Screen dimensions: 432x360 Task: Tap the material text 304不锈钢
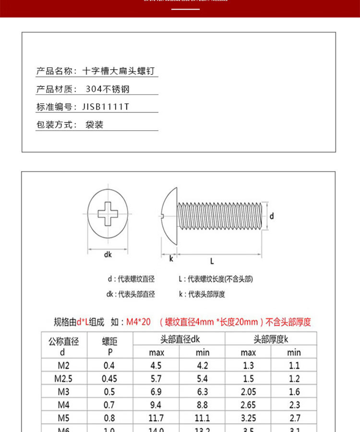pos(107,89)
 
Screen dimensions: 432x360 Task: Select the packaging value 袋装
pos(95,124)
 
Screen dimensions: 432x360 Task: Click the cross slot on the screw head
pos(108,214)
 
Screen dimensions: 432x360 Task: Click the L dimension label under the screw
pos(212,261)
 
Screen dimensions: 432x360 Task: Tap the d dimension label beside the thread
pos(271,216)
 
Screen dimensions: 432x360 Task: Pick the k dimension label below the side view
pos(170,259)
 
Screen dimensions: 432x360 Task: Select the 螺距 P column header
pos(109,346)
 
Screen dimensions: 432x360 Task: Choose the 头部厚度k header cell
pos(271,339)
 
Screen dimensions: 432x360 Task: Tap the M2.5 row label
pos(64,379)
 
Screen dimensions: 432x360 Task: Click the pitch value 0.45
pos(109,379)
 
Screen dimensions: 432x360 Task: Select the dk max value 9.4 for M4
pos(156,405)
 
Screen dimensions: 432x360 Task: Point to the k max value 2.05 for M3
pos(248,392)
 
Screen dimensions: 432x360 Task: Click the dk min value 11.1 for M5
pos(202,418)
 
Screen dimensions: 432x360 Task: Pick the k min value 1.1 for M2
pos(294,366)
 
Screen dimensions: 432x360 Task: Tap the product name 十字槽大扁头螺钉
pos(119,71)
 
